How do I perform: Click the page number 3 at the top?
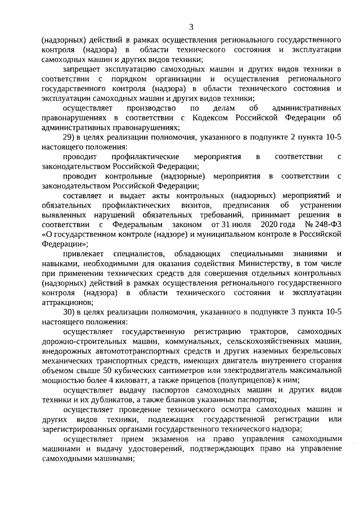pos(191,27)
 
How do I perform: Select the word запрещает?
pos(82,69)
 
